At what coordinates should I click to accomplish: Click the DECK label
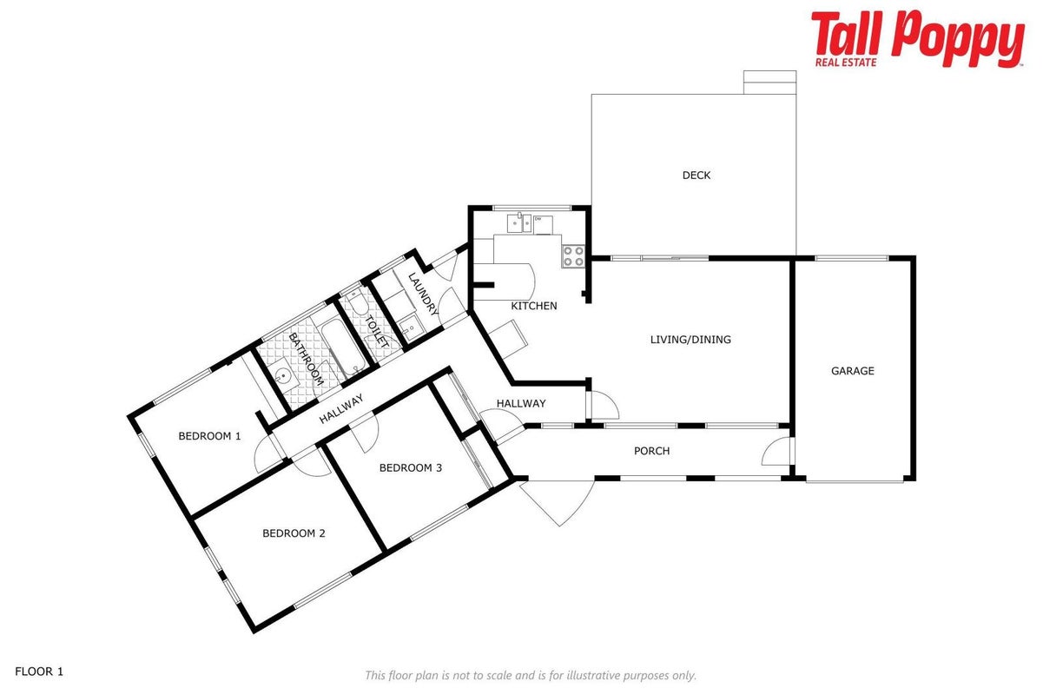point(696,175)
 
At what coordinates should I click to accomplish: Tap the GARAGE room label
point(853,371)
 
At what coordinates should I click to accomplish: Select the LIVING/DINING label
point(690,340)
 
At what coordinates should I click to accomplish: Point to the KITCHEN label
point(533,306)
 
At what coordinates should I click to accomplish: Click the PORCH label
point(652,451)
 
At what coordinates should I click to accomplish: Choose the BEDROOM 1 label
point(209,436)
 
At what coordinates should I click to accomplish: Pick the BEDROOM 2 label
point(294,533)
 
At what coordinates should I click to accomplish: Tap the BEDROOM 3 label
point(410,467)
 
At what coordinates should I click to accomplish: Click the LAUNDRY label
point(423,295)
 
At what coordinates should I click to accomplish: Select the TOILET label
point(377,332)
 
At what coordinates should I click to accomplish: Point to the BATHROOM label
point(306,359)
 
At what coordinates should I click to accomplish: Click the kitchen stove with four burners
point(573,256)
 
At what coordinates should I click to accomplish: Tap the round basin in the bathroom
point(282,375)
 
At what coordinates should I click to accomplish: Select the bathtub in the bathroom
point(344,345)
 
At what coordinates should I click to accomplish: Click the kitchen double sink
point(519,223)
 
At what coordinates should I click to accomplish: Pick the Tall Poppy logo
point(917,39)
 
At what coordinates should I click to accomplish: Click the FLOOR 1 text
point(39,672)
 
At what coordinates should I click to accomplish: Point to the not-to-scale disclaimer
point(531,675)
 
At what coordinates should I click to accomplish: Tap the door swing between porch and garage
point(776,452)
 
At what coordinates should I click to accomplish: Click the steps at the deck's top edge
point(769,83)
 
